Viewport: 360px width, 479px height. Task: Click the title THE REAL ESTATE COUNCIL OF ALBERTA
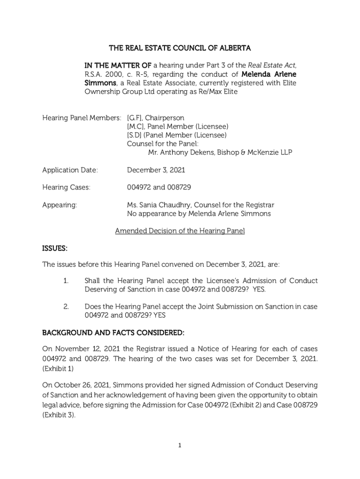tap(180, 48)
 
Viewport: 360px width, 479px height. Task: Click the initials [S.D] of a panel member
tap(135, 135)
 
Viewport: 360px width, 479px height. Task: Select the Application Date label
tap(70, 170)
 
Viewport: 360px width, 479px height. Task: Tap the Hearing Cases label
tap(66, 188)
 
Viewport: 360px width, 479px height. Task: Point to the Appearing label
tap(60, 205)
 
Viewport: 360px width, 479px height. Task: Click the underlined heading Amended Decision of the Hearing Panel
tap(180, 231)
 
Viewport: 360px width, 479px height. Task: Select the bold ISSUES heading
tap(55, 247)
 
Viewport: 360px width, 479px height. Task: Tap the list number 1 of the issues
tap(66, 281)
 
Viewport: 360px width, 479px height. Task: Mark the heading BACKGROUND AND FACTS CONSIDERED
tap(114, 333)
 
